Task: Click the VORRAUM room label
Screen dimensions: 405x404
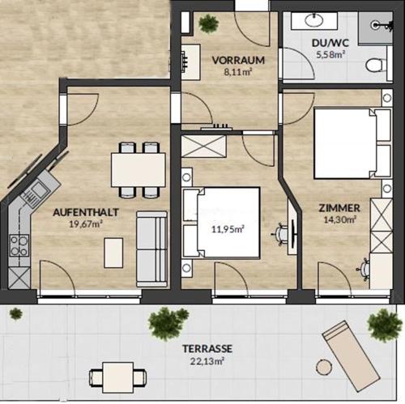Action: tap(238, 60)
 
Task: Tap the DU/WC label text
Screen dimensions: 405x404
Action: tap(330, 43)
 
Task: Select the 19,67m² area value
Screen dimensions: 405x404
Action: tap(85, 224)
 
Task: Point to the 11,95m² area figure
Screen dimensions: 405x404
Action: tap(228, 229)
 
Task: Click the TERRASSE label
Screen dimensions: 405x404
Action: tap(207, 348)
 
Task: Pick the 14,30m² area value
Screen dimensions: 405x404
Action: tap(339, 219)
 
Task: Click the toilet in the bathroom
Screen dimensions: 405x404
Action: tap(377, 65)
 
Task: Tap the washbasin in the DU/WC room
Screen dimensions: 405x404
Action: tap(314, 19)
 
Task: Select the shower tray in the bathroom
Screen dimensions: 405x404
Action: tap(375, 28)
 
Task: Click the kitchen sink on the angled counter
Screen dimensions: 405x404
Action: tap(34, 192)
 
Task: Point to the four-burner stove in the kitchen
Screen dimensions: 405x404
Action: tap(19, 245)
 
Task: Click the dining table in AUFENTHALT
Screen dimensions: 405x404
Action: tap(139, 170)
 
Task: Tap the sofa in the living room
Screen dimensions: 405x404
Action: tap(151, 249)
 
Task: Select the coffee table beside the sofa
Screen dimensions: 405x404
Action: tap(113, 253)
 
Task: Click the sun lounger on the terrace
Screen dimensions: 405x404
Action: tap(352, 356)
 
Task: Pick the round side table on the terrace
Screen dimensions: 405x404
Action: tap(324, 367)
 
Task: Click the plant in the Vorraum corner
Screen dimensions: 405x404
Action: tap(208, 23)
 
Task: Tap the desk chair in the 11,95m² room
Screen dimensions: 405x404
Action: tap(280, 235)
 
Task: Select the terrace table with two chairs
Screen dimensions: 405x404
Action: tap(118, 377)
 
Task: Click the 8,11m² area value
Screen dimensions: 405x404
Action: tap(238, 72)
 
